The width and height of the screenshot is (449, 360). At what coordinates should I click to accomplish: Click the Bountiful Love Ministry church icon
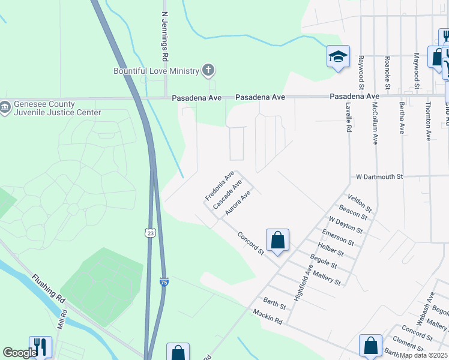coord(208,71)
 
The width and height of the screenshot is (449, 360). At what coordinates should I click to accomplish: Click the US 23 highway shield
coord(148,232)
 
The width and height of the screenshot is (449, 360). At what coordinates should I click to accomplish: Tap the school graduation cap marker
coord(338,58)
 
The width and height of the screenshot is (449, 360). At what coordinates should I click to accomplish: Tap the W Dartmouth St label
coord(378,177)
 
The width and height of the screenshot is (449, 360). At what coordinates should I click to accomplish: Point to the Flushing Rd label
coord(48,287)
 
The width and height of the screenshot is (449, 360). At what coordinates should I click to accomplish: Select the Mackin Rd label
coord(268,316)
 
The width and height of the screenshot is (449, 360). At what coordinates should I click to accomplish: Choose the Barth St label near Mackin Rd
coord(274,302)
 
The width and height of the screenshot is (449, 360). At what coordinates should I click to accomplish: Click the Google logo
coord(20,353)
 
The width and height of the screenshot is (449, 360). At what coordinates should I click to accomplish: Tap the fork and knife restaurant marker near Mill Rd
coord(40,346)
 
